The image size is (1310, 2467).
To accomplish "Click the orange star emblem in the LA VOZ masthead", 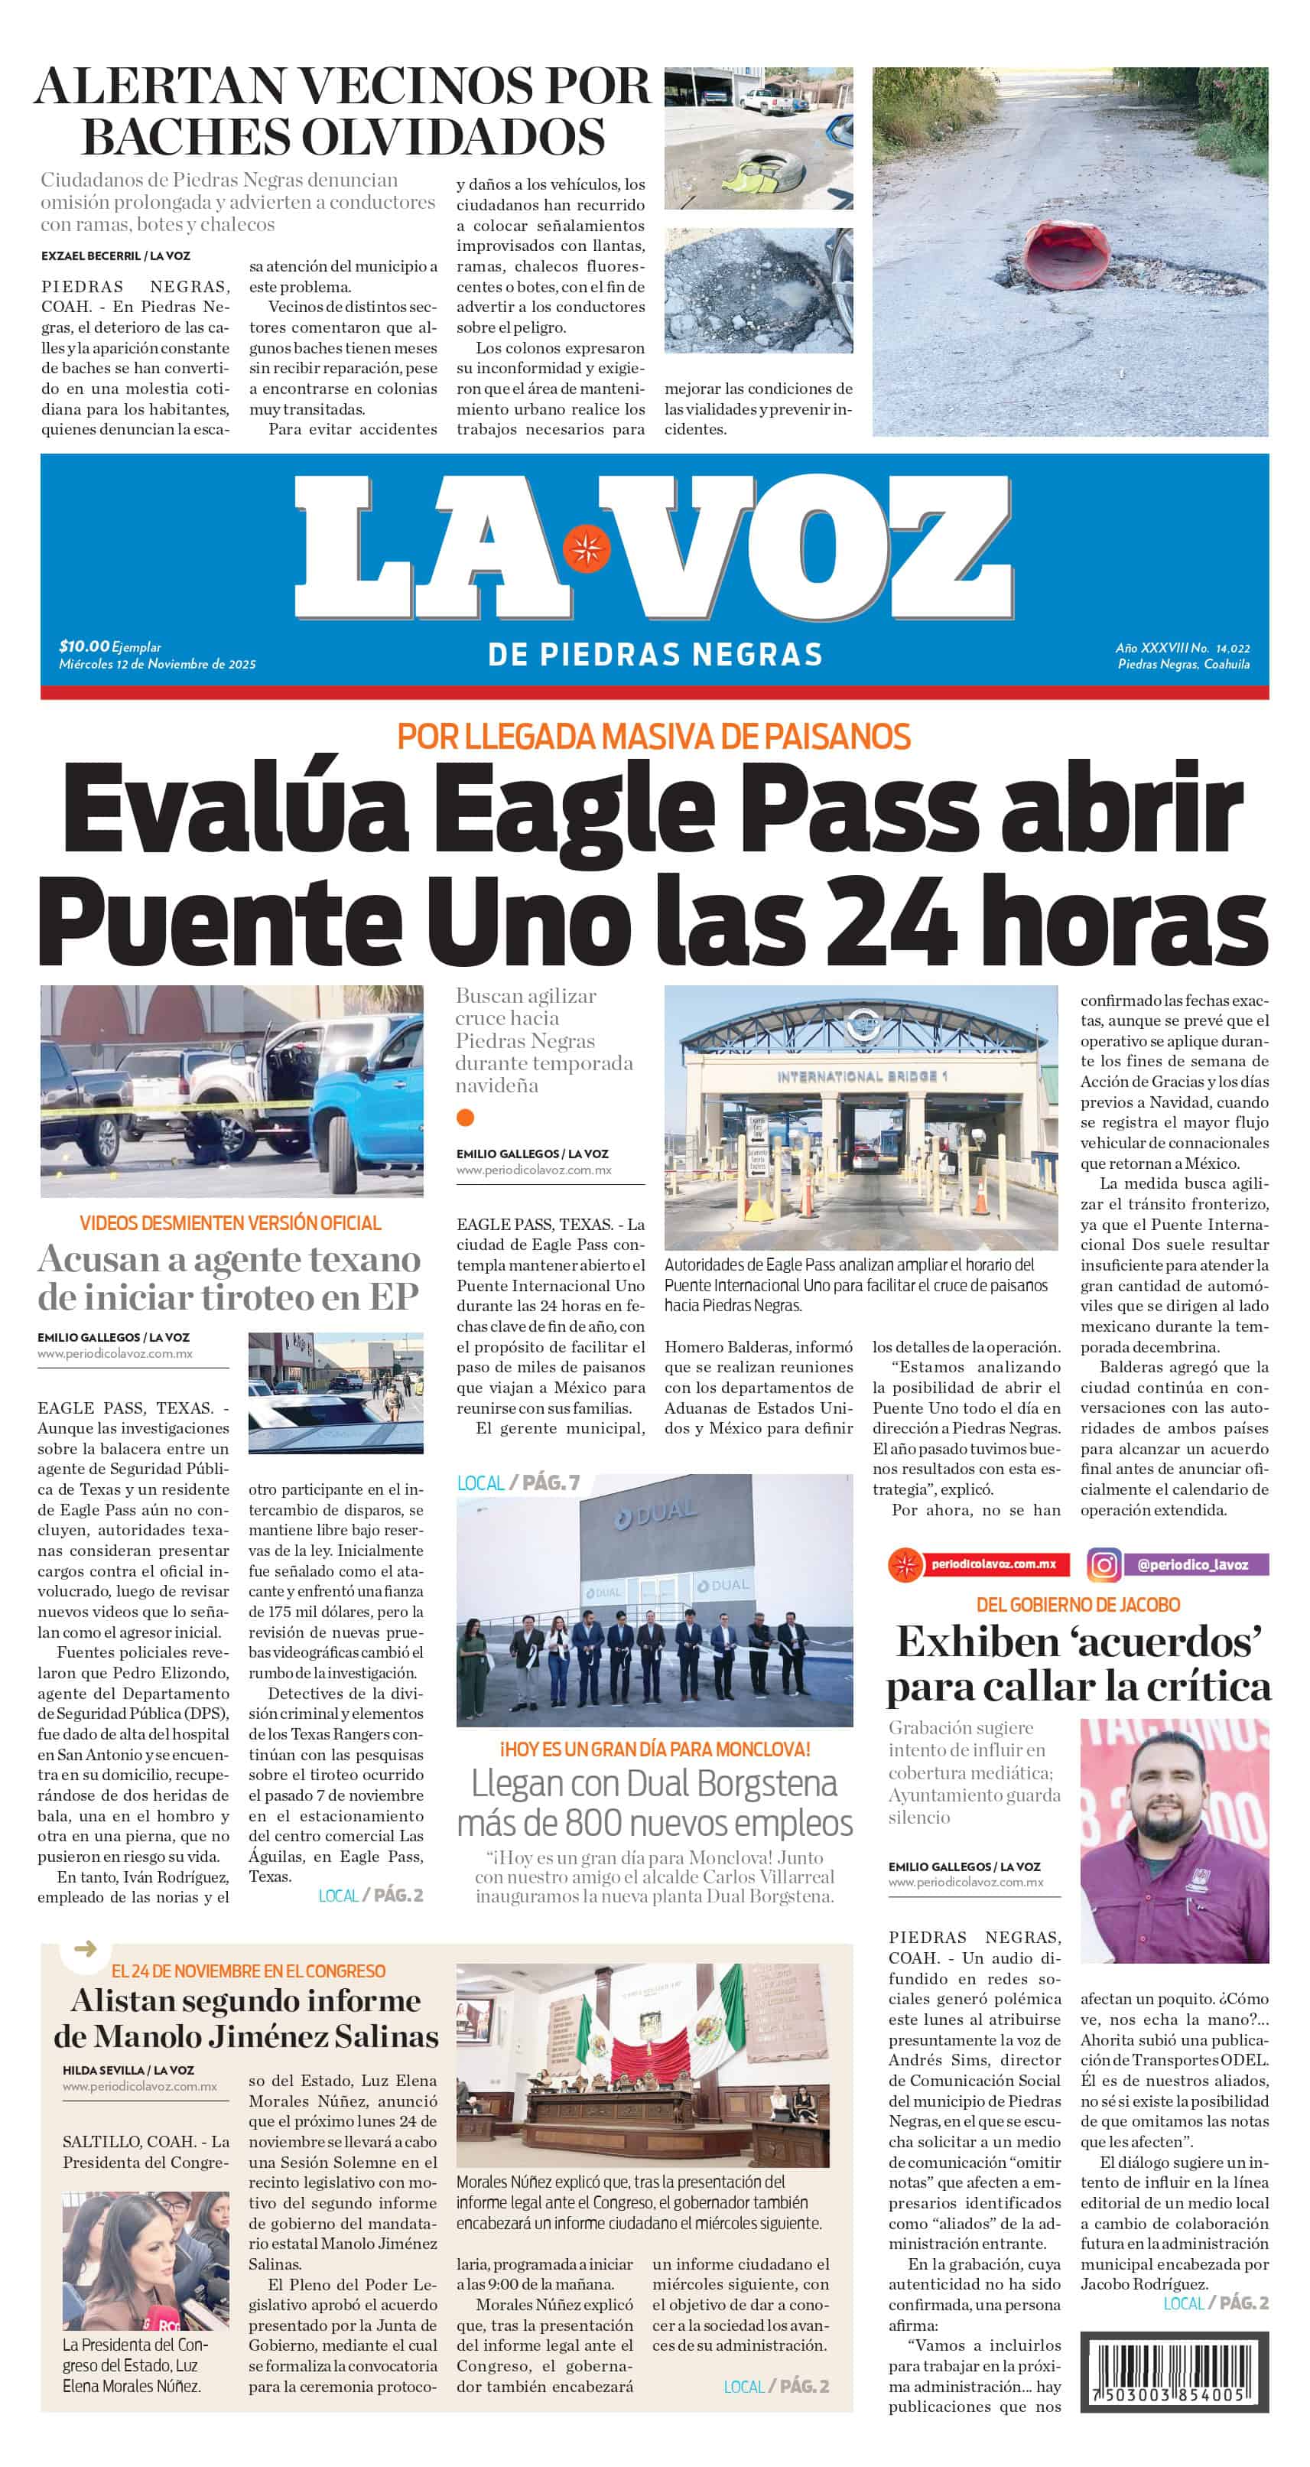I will click(585, 550).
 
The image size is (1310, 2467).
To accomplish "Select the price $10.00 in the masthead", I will click(84, 646).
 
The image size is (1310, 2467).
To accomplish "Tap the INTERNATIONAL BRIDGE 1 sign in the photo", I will click(861, 1076).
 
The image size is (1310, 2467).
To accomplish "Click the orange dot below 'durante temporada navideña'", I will click(466, 1117).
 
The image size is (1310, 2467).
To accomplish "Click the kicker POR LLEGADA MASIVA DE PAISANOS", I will click(654, 737).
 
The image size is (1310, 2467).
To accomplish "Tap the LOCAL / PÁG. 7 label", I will click(518, 1483).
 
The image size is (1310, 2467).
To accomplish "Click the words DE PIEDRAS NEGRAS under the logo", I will click(655, 655).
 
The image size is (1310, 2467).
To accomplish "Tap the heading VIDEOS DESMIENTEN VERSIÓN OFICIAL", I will click(230, 1223).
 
